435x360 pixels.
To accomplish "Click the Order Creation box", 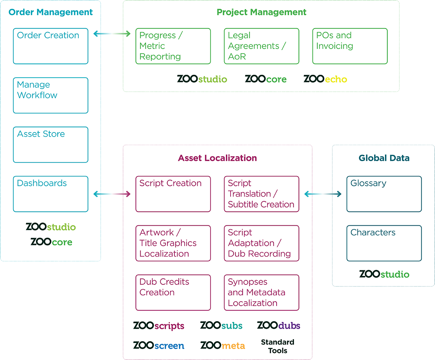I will [50, 46].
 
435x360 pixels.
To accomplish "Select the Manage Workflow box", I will [50, 95].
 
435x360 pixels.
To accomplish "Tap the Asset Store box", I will [50, 144].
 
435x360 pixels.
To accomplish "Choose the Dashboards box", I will [50, 194].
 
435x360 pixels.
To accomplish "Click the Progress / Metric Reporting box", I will [173, 46].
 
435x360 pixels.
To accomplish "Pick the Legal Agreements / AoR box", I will [261, 46].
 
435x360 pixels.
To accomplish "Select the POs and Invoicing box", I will [350, 46].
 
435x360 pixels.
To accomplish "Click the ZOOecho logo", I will [325, 79].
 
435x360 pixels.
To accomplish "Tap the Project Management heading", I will [261, 12].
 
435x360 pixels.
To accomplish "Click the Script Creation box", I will [173, 194].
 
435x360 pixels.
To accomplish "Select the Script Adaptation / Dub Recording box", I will [261, 243].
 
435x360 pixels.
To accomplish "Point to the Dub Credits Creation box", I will [173, 292].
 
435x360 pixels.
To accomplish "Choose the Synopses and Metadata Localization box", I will [261, 292].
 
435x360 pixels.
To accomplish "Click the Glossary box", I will [384, 194].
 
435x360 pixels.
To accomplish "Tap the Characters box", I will [384, 243].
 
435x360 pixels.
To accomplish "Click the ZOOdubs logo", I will [278, 326].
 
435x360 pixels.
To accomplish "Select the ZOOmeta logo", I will [223, 345].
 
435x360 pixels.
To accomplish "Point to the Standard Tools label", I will [278, 346].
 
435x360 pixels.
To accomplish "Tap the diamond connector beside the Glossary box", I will [323, 194].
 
